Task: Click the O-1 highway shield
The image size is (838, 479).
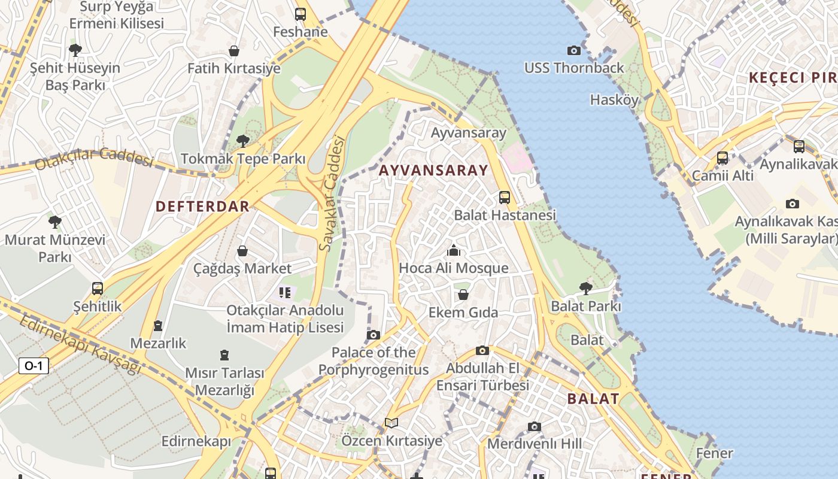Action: tap(34, 366)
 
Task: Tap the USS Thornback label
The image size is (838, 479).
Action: tap(574, 68)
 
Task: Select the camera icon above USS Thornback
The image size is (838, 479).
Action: tap(573, 50)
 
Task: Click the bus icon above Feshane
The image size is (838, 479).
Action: tap(300, 14)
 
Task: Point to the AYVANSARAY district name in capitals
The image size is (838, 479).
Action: tap(433, 170)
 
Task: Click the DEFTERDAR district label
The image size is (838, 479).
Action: tap(202, 207)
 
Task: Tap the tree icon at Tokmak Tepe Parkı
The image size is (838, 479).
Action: tap(242, 141)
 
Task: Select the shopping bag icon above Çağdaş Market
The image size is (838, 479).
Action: tap(242, 250)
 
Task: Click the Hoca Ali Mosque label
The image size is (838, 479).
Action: tap(453, 268)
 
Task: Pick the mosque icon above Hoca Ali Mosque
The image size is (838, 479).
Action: tap(454, 250)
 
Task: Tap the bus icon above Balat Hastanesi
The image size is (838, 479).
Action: tap(505, 197)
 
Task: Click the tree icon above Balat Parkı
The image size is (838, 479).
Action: tap(586, 289)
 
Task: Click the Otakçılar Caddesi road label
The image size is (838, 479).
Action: tap(94, 159)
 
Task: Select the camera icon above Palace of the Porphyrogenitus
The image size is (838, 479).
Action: tap(374, 335)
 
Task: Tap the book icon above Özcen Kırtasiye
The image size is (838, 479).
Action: tap(391, 423)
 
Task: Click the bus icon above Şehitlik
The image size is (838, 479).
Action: tap(98, 289)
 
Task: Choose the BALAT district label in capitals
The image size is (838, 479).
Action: tap(593, 399)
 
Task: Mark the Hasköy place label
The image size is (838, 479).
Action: tap(614, 99)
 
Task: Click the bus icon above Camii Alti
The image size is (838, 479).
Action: tap(722, 158)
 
